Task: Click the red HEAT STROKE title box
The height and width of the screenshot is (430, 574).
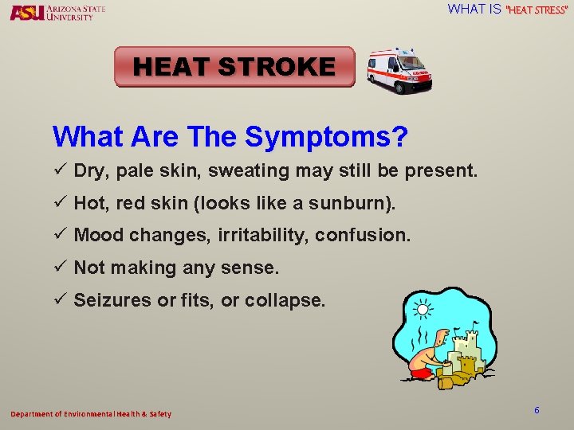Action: click(234, 67)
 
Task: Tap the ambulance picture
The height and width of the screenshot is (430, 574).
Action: click(399, 70)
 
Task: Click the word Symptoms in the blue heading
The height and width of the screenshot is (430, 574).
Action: click(326, 137)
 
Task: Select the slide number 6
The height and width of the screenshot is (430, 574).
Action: click(537, 410)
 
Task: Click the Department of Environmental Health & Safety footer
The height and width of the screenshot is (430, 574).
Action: click(90, 414)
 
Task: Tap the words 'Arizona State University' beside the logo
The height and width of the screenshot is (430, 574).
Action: click(75, 12)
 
